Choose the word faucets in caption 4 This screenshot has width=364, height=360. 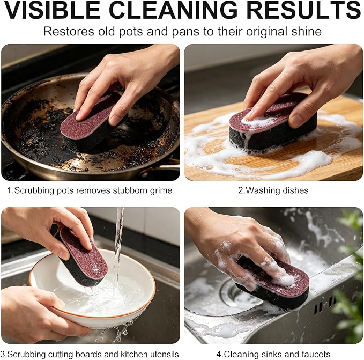316,355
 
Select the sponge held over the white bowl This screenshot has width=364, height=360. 81,256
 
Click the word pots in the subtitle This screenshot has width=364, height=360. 130,32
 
